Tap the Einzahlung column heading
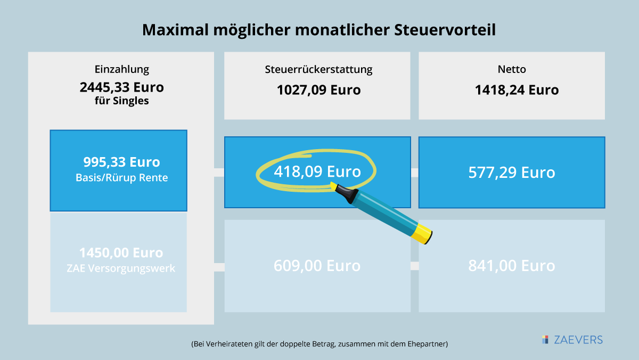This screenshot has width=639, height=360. pyautogui.click(x=121, y=69)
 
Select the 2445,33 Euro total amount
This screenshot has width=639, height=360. pyautogui.click(x=121, y=86)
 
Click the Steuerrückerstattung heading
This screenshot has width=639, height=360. pyautogui.click(x=318, y=69)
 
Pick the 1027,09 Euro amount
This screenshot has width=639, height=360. pyautogui.click(x=318, y=89)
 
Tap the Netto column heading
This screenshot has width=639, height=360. pyautogui.click(x=511, y=69)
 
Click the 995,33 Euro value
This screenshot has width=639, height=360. pyautogui.click(x=121, y=162)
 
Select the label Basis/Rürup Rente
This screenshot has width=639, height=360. pyautogui.click(x=121, y=178)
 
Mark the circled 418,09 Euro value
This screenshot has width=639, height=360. pyautogui.click(x=317, y=172)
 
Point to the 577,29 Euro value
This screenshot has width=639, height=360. pyautogui.click(x=511, y=173)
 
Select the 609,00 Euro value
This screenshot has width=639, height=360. pyautogui.click(x=317, y=265)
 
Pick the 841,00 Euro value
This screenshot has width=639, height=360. pyautogui.click(x=511, y=265)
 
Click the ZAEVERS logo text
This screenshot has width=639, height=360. pyautogui.click(x=577, y=340)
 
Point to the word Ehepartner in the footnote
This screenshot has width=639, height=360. pyautogui.click(x=426, y=344)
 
